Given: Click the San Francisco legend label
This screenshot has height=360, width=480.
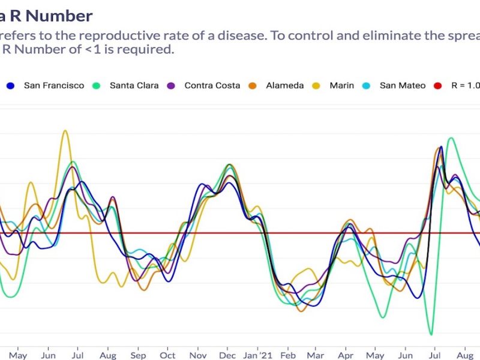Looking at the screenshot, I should pyautogui.click(x=54, y=86).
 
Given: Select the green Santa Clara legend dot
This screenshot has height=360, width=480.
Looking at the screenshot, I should pyautogui.click(x=97, y=86).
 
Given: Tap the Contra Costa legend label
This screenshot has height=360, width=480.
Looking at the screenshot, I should pyautogui.click(x=212, y=86).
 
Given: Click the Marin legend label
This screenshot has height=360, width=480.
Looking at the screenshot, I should pyautogui.click(x=341, y=86).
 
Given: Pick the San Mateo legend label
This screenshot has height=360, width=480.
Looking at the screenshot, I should pyautogui.click(x=403, y=86).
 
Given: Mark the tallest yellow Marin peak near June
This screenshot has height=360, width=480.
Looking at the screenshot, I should pyautogui.click(x=65, y=131).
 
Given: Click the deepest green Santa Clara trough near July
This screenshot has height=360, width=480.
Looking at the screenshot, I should pyautogui.click(x=431, y=334).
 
